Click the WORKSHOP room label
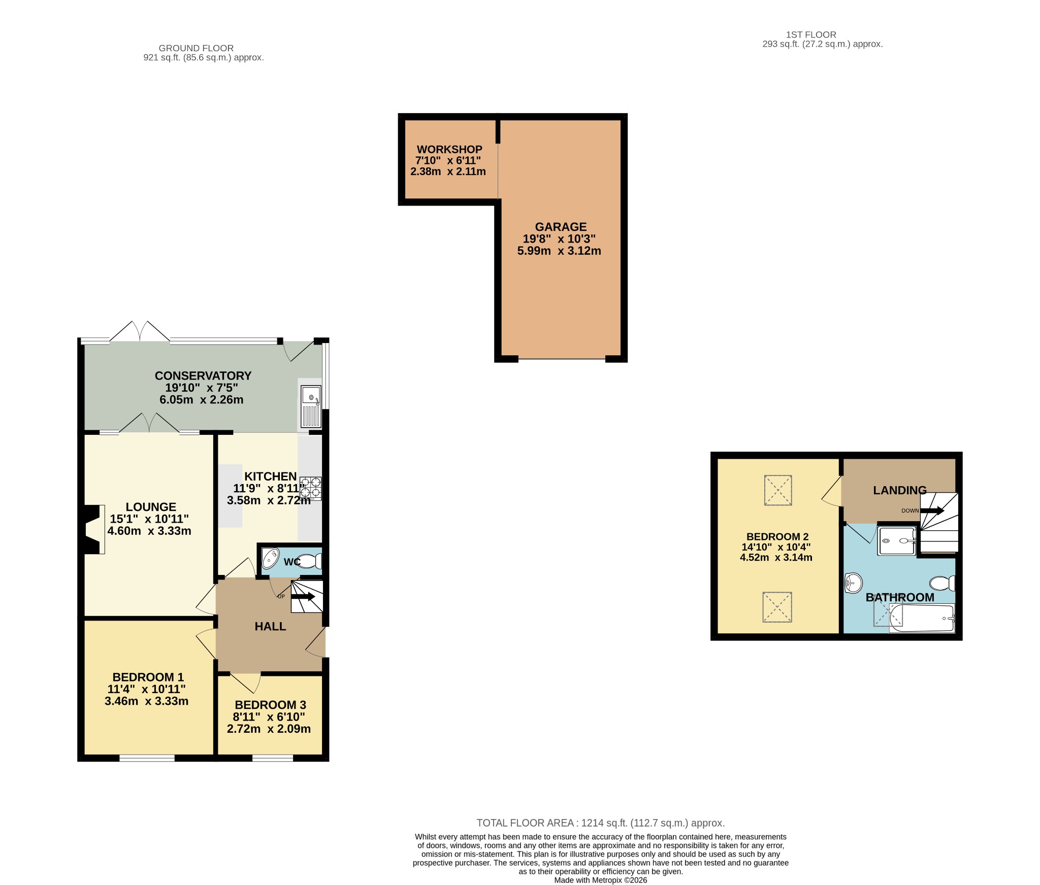(x=449, y=150)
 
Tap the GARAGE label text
(x=561, y=227)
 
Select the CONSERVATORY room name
(x=203, y=376)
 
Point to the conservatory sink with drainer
(x=311, y=406)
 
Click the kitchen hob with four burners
(x=310, y=488)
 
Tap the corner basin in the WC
(x=270, y=558)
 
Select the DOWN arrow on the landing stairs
(x=932, y=510)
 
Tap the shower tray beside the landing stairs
(x=897, y=541)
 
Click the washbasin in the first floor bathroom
(x=853, y=583)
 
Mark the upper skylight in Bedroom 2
(x=778, y=490)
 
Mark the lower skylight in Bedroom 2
(x=777, y=607)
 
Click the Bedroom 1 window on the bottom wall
(x=147, y=758)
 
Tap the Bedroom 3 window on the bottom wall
(x=273, y=758)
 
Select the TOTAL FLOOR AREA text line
(x=601, y=823)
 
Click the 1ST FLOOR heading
(x=811, y=35)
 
